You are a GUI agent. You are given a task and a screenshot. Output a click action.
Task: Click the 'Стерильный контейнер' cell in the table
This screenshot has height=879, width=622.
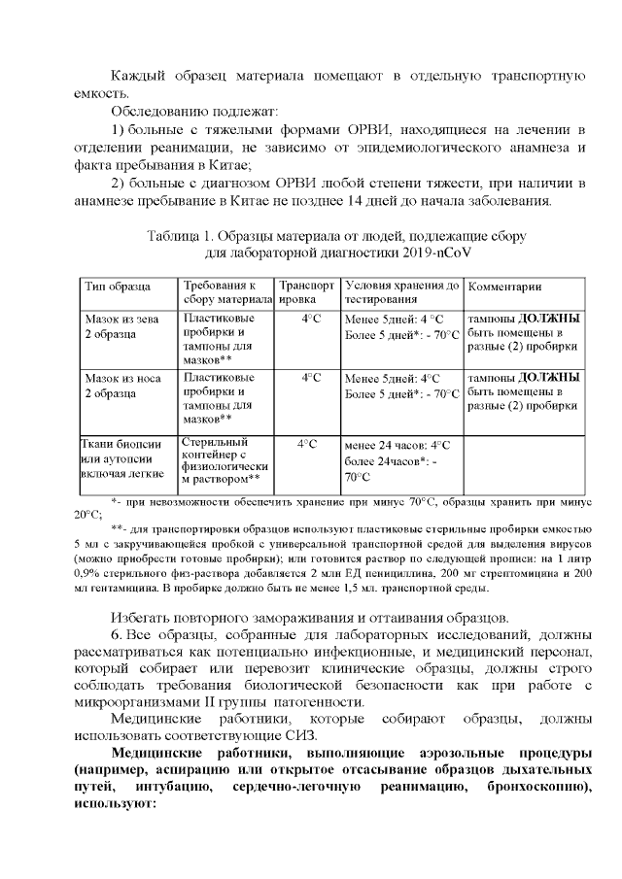point(222,459)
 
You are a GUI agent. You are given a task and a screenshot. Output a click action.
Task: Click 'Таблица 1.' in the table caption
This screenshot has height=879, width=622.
point(183,237)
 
